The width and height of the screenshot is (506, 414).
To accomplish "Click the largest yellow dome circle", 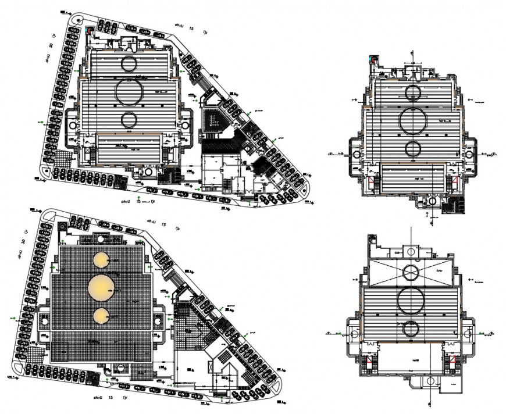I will pyautogui.click(x=102, y=286).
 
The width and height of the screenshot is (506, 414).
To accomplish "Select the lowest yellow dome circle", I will pyautogui.click(x=102, y=316).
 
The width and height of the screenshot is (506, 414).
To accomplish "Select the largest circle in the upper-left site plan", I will pyautogui.click(x=129, y=92).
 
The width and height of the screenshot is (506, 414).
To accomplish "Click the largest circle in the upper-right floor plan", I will pyautogui.click(x=414, y=120).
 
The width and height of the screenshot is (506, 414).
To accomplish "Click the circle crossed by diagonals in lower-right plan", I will pyautogui.click(x=412, y=272).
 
